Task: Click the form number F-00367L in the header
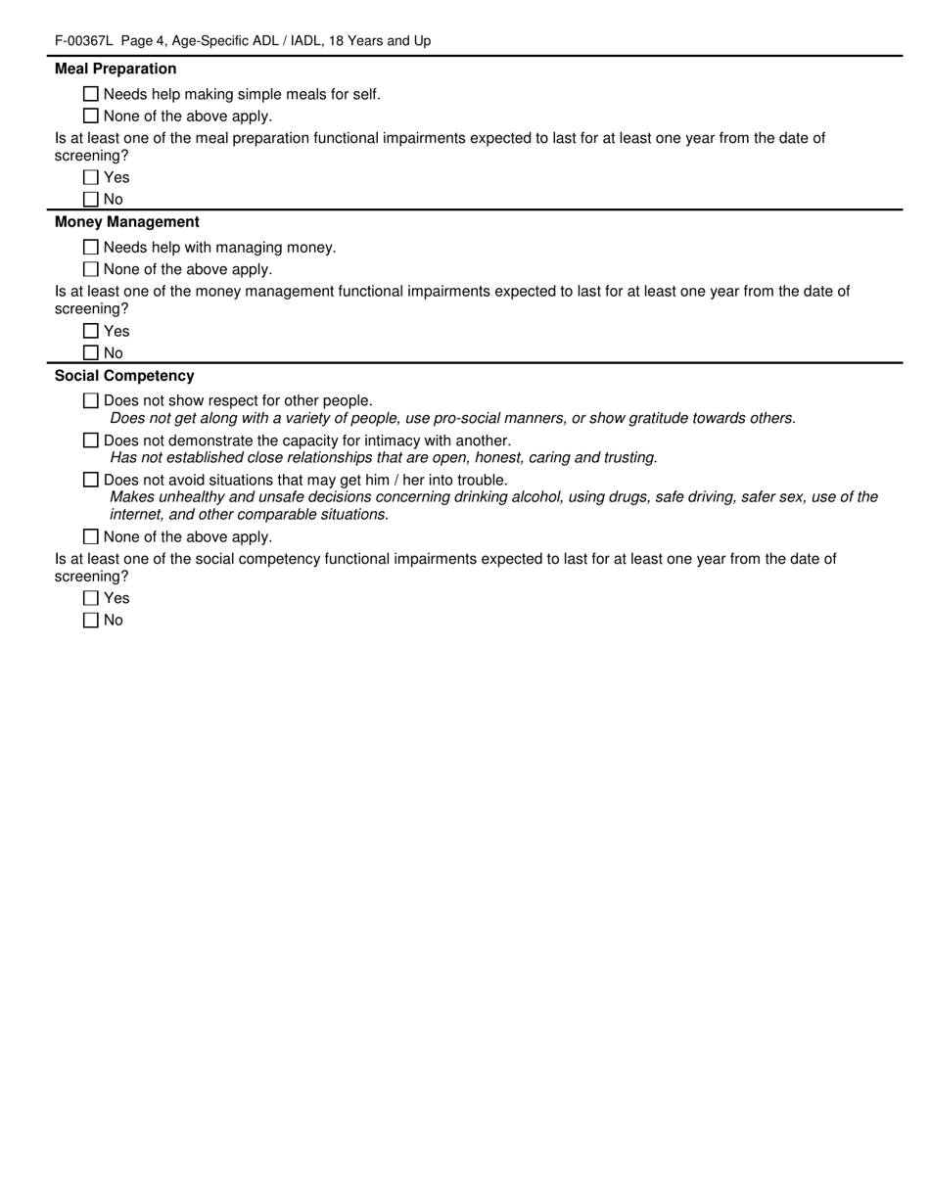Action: coord(84,41)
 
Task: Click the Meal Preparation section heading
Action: coord(116,69)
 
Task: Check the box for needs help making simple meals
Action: coord(91,94)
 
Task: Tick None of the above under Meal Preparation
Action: coord(91,116)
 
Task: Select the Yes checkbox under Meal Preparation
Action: coord(91,177)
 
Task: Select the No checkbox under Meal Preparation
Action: coord(91,199)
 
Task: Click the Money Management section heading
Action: coord(127,222)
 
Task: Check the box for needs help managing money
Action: coord(91,248)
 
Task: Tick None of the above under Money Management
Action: coord(91,269)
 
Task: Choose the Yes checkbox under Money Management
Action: coord(91,331)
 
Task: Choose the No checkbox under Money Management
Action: coord(91,352)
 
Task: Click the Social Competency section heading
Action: coord(124,376)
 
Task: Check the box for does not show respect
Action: coord(91,400)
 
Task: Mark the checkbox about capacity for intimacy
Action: coord(91,440)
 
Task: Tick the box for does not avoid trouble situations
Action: coord(91,480)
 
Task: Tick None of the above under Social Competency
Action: coord(91,536)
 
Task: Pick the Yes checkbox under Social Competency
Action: coord(91,598)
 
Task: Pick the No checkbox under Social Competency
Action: coord(91,620)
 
